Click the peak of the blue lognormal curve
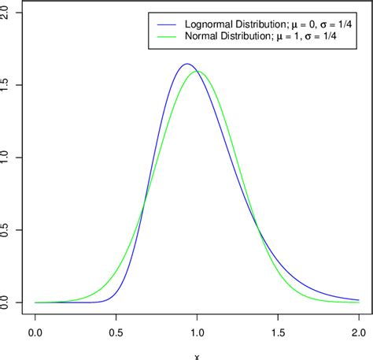[187, 64]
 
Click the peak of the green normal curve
[198, 72]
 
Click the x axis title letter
[197, 356]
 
